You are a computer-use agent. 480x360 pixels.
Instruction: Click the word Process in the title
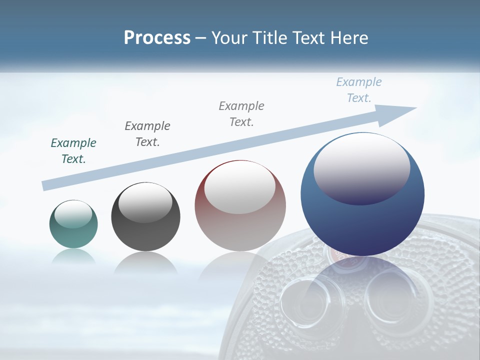point(157,38)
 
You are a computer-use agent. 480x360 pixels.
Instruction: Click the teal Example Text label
point(73,151)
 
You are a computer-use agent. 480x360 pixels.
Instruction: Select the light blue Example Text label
point(358,90)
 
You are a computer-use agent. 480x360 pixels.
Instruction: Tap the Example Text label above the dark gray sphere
point(147,133)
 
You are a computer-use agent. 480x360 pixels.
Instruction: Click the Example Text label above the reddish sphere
point(241,113)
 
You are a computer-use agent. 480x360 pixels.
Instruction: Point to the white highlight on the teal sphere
point(73,214)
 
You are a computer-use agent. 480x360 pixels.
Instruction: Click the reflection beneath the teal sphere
point(73,256)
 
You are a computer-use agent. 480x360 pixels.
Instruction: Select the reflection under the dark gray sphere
point(145,263)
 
